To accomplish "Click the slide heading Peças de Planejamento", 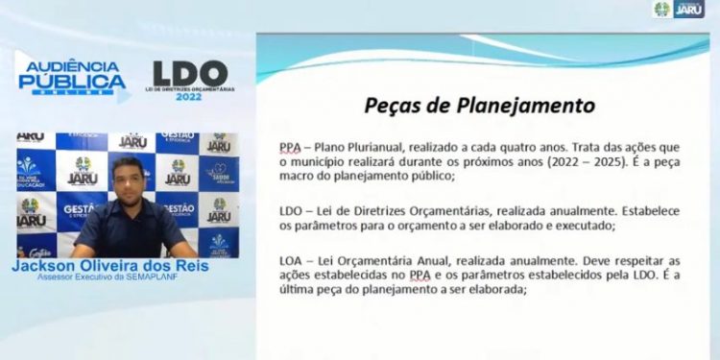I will [x=479, y=105].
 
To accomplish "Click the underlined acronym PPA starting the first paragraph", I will [x=289, y=147].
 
